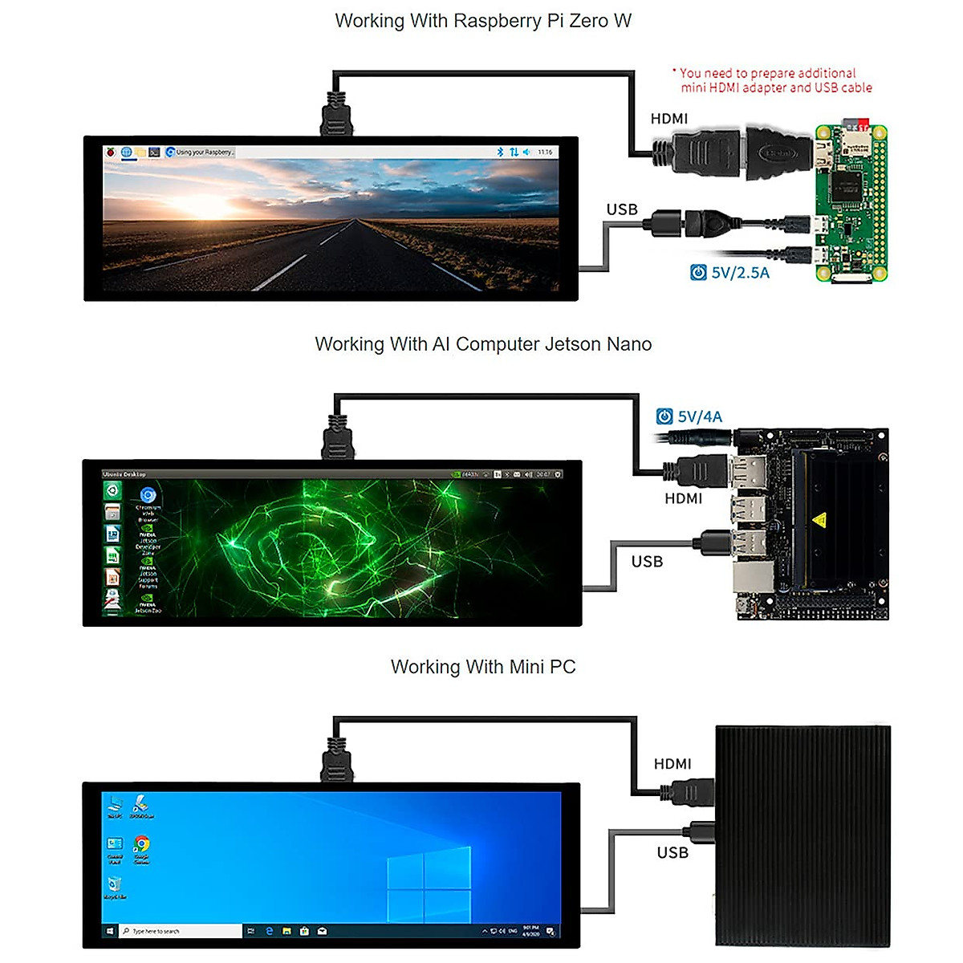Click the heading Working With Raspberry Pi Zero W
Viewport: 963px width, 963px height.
482,21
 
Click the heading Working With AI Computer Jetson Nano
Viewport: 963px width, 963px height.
482,344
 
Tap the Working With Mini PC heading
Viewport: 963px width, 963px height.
482,667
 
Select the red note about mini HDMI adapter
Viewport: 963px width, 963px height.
771,80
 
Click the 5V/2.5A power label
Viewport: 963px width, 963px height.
739,273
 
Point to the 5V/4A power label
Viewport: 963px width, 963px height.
699,416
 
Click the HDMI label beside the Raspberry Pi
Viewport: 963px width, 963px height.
668,119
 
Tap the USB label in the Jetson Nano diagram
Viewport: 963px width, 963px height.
647,562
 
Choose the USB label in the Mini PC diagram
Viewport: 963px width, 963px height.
672,852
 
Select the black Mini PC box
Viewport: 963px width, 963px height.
802,835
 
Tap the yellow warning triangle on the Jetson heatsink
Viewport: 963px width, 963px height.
819,520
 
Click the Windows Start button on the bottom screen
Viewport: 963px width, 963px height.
110,931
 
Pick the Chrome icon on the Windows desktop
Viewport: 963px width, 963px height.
141,844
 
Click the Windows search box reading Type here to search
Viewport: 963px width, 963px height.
181,931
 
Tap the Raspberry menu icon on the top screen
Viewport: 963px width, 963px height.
111,152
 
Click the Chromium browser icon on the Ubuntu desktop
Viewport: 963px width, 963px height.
148,496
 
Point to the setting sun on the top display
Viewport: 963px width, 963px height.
197,207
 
